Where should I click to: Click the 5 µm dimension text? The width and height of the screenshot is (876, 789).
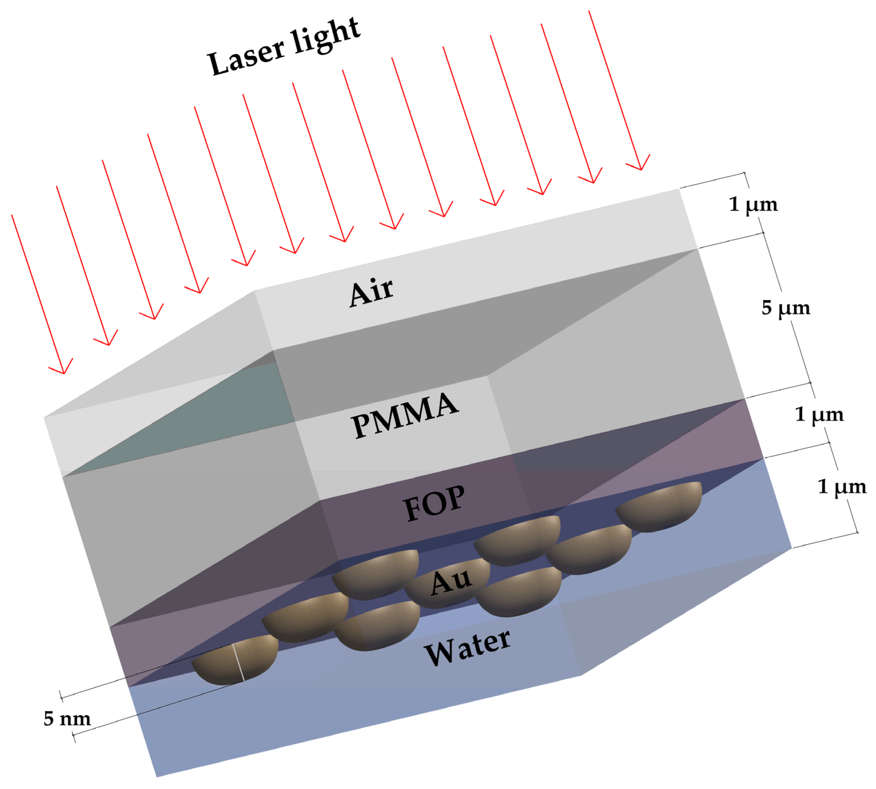(x=785, y=308)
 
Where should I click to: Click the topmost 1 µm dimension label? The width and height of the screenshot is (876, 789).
(x=753, y=204)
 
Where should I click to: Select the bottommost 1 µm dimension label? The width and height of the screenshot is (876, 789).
(x=842, y=486)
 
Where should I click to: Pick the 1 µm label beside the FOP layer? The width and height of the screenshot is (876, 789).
(x=819, y=414)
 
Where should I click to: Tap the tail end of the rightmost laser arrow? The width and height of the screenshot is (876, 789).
(x=589, y=12)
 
